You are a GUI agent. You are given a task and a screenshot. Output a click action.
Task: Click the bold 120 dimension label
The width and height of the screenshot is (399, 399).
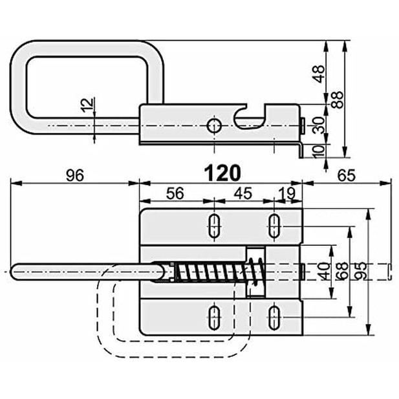coord(222,173)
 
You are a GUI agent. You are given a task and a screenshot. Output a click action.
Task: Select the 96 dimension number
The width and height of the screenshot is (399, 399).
coord(75,175)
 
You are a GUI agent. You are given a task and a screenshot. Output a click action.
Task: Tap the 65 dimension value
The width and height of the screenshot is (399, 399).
coord(347,175)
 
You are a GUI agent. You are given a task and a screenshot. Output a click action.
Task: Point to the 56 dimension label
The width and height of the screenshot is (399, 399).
coord(175,193)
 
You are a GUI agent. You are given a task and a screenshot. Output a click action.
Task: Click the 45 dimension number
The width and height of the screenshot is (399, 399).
coord(243,193)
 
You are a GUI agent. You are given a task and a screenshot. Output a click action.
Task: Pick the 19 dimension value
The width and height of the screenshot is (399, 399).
coord(288,193)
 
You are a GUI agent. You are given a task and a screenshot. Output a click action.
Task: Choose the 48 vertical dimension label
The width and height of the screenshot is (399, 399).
coord(319,74)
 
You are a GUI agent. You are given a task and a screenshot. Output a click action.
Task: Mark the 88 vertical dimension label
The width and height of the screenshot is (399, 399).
coord(337,100)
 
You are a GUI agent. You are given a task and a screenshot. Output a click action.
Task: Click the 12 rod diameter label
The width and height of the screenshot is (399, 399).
coord(87,105)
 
